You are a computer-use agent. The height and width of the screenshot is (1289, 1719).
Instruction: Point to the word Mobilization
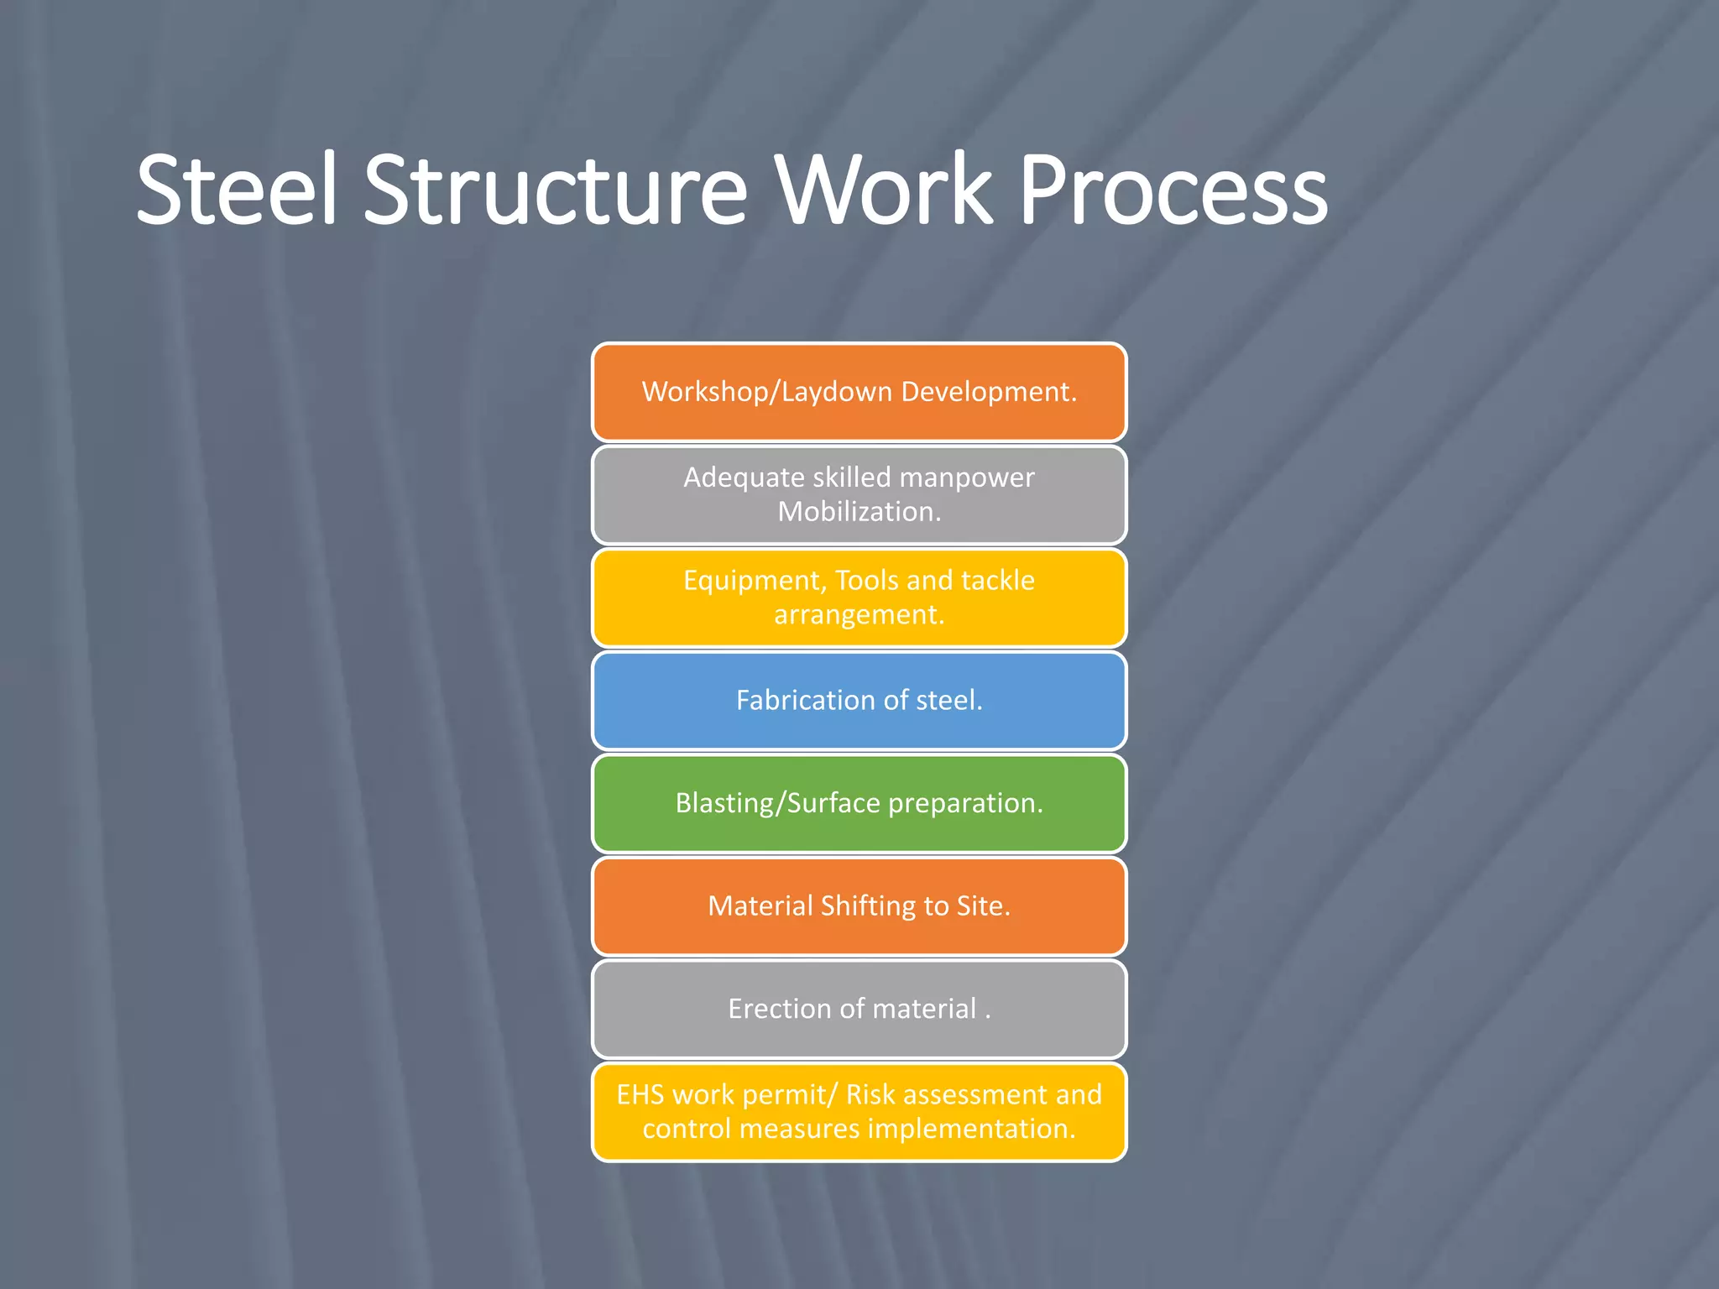coord(859,512)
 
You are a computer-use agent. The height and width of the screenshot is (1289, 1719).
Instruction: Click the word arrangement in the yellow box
coord(859,615)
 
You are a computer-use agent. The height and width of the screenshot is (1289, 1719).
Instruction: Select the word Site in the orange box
coord(983,906)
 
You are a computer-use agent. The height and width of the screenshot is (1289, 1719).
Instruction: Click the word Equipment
coord(755,581)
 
